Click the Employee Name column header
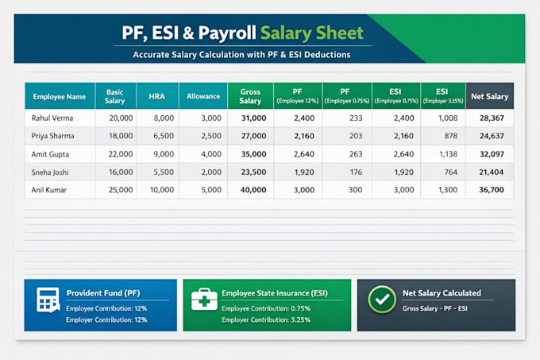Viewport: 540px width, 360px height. point(60,97)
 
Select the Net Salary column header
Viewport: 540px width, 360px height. point(490,96)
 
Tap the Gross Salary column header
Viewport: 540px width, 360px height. point(250,96)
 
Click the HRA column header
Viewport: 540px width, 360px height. point(156,96)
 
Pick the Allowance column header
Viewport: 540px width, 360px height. point(203,96)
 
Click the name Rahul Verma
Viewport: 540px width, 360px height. point(52,118)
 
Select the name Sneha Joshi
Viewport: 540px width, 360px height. point(50,172)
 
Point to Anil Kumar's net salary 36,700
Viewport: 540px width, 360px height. point(492,190)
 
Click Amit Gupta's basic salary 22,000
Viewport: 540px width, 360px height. point(121,154)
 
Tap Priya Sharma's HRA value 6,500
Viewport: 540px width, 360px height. point(164,136)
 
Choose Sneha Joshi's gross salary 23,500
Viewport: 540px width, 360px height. point(253,172)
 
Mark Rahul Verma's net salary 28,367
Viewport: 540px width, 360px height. point(492,118)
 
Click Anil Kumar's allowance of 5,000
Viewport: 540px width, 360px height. point(211,190)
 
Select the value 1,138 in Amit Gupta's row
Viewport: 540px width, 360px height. point(449,154)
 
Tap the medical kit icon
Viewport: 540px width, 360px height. point(204,300)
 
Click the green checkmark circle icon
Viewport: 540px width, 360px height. point(382,300)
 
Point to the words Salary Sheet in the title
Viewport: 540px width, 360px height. point(311,33)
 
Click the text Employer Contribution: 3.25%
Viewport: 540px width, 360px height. point(266,320)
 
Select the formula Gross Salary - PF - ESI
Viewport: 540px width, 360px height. point(434,308)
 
